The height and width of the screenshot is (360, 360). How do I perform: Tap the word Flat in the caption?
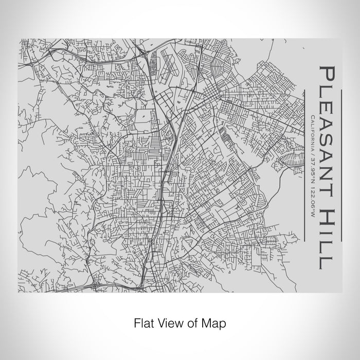tap(144, 323)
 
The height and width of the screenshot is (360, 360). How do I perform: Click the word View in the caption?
tap(170, 323)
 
